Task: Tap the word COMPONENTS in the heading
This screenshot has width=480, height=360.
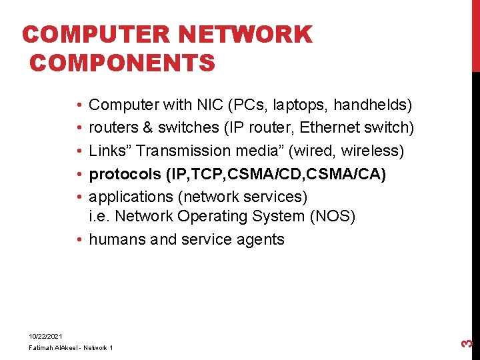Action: (x=122, y=63)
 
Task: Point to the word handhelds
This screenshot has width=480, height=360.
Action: (x=369, y=105)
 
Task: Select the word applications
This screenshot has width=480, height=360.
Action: (x=131, y=197)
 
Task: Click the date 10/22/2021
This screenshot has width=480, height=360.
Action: (x=45, y=336)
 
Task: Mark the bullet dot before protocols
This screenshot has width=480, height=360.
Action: (x=79, y=174)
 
